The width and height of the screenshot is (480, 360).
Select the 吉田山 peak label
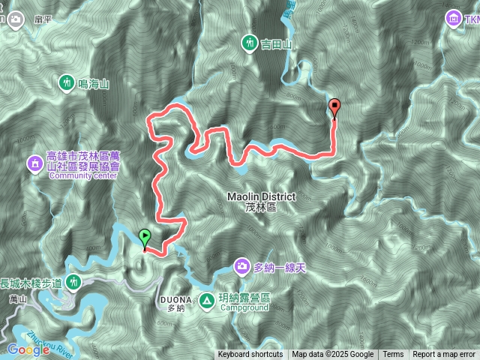point(275,44)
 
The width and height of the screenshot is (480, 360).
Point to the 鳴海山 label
point(94,84)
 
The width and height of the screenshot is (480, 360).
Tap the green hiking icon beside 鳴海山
point(67,82)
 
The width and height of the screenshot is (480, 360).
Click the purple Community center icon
point(34,162)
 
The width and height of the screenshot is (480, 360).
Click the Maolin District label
point(261,197)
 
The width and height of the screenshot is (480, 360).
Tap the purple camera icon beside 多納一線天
point(242,265)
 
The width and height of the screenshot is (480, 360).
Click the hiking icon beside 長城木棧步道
point(73,283)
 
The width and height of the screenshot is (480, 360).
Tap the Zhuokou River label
point(49,335)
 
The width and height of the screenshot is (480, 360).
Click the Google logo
point(28,349)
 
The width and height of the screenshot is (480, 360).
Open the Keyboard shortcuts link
point(250,355)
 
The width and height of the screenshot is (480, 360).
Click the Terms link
point(393,355)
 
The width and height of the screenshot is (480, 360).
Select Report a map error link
point(444,355)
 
